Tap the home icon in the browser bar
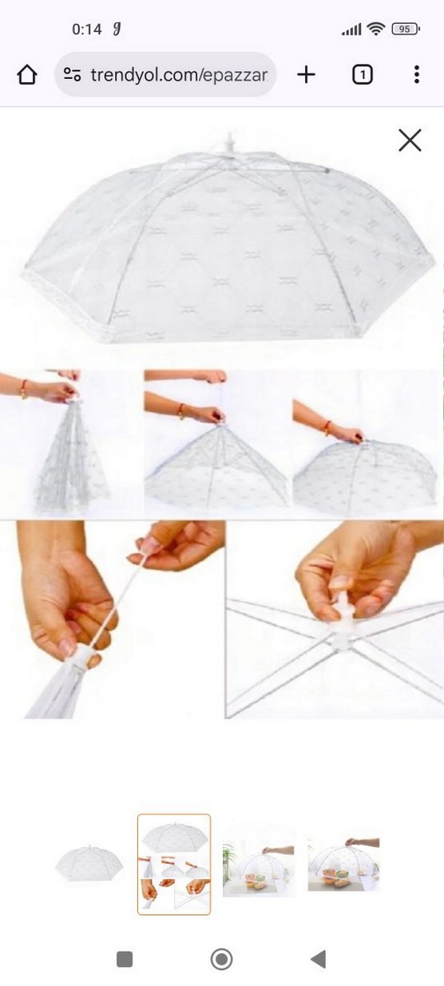[27, 74]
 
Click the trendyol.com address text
[179, 75]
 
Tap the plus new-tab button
[306, 74]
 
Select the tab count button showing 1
[362, 75]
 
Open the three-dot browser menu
[417, 74]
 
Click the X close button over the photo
[410, 140]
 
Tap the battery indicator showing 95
[405, 29]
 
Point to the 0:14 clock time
[87, 30]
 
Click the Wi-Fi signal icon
[376, 29]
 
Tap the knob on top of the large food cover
[228, 143]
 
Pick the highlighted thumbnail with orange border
[174, 864]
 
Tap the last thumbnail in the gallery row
[343, 863]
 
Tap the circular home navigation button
[221, 959]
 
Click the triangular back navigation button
[318, 959]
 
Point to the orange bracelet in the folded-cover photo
[24, 389]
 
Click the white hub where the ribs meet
[343, 629]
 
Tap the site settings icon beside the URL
[72, 75]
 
